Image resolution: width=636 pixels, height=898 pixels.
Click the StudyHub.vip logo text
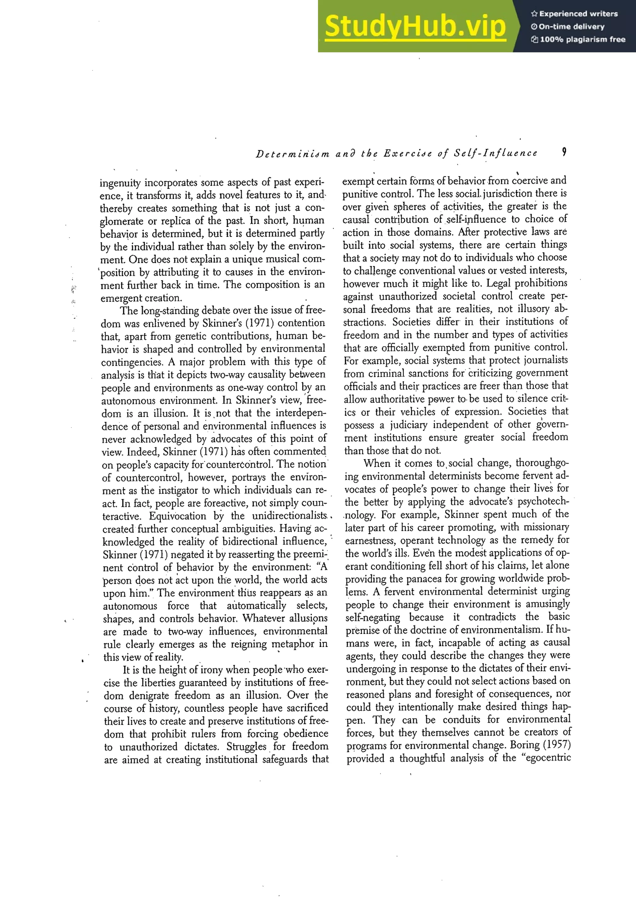415,26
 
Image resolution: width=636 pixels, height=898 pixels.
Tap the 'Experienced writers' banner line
574,14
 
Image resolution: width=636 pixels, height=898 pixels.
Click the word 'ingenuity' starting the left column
120,183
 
